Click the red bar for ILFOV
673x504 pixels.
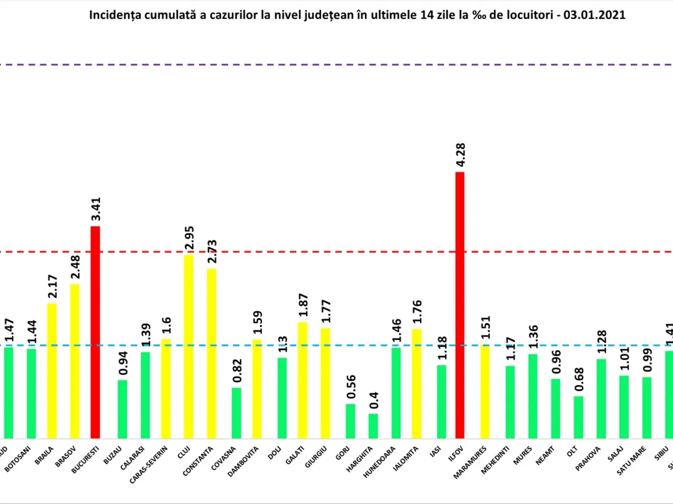pyautogui.click(x=460, y=305)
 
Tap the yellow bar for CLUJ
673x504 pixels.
pyautogui.click(x=189, y=347)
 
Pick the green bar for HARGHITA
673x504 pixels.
pyautogui.click(x=373, y=426)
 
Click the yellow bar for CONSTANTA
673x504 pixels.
pyautogui.click(x=211, y=353)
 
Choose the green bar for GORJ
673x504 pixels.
pyautogui.click(x=350, y=421)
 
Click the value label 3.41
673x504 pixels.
pyautogui.click(x=96, y=209)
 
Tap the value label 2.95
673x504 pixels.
pyautogui.click(x=190, y=238)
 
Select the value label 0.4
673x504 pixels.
pyautogui.click(x=373, y=402)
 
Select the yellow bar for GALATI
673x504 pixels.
pyautogui.click(x=303, y=380)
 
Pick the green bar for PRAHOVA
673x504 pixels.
pyautogui.click(x=601, y=399)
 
